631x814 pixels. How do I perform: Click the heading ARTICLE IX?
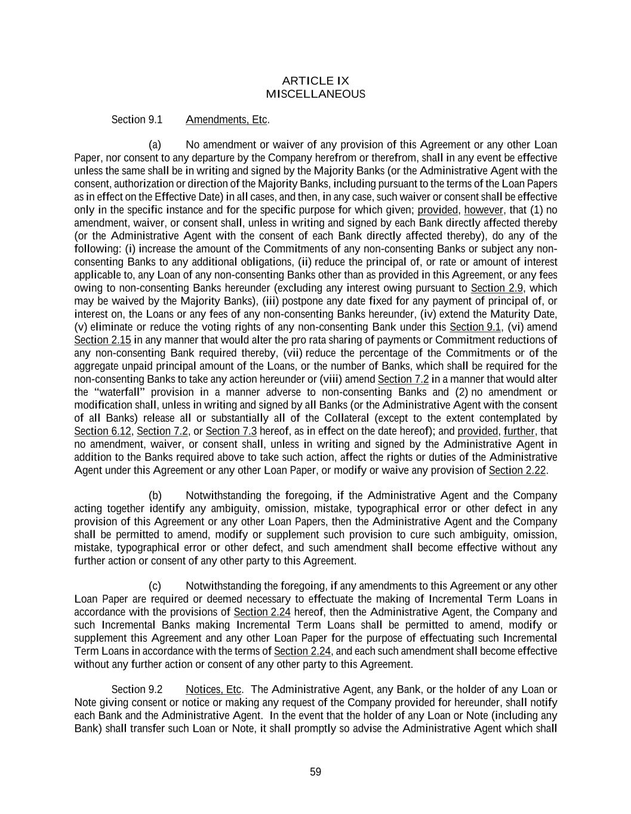[x=315, y=81]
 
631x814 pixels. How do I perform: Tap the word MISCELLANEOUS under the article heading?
[x=315, y=94]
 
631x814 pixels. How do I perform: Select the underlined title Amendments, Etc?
[x=227, y=119]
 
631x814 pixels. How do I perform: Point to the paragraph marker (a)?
[x=155, y=145]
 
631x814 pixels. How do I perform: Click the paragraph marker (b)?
[x=155, y=496]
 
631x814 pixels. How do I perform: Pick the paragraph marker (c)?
[x=155, y=586]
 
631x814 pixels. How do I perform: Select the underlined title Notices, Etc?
[x=214, y=690]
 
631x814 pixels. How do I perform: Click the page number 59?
[x=316, y=772]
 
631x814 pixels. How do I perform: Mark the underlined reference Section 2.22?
[x=517, y=471]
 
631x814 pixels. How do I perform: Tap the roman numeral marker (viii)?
[x=339, y=379]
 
